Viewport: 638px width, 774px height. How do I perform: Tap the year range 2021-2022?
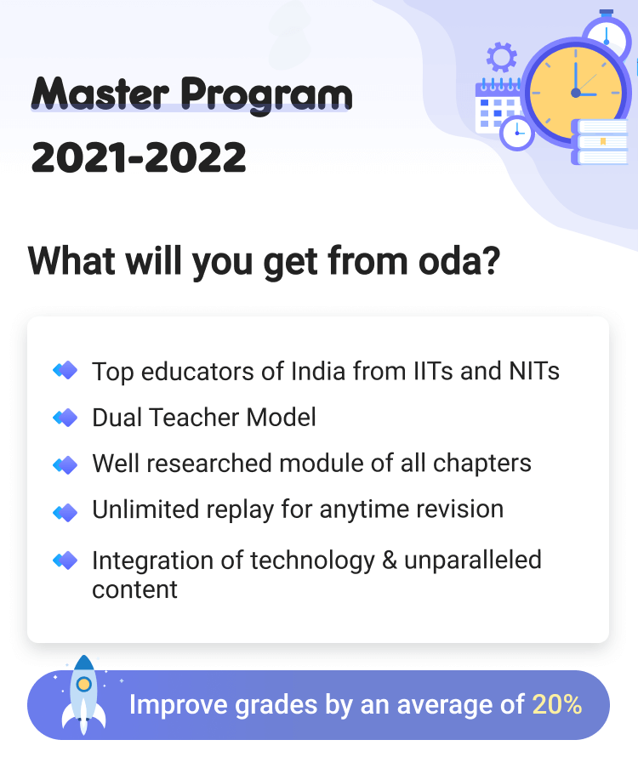pyautogui.click(x=139, y=158)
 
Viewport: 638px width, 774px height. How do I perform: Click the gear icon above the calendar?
pyautogui.click(x=501, y=58)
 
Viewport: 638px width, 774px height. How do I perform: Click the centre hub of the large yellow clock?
pyautogui.click(x=576, y=92)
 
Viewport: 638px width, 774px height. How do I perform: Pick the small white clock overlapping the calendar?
pyautogui.click(x=516, y=132)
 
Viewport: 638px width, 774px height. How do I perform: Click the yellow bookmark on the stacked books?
pyautogui.click(x=602, y=140)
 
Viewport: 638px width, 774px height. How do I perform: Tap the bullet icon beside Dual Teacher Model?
pyautogui.click(x=66, y=418)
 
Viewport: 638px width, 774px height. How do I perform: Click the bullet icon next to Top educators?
pyautogui.click(x=66, y=371)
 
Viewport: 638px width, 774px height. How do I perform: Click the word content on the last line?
pyautogui.click(x=134, y=589)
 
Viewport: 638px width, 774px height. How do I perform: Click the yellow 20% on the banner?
pyautogui.click(x=557, y=705)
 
